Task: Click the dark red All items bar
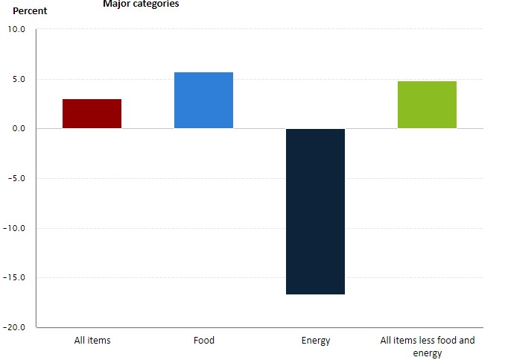coord(92,114)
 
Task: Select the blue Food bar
coord(203,101)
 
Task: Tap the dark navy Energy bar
coord(315,212)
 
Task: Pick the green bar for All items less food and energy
coord(427,105)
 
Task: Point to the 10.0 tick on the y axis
coord(16,30)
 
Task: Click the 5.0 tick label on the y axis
coord(19,80)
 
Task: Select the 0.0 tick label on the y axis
coord(19,129)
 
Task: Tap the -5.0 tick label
coord(17,179)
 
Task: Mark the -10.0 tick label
coord(15,228)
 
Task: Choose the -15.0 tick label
coord(15,278)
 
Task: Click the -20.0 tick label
coord(15,327)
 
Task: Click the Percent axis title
coord(30,11)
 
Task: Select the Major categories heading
coord(141,4)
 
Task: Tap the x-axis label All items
coord(92,341)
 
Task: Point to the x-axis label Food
coord(203,341)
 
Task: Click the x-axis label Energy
coord(316,341)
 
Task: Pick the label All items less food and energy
coord(427,347)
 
